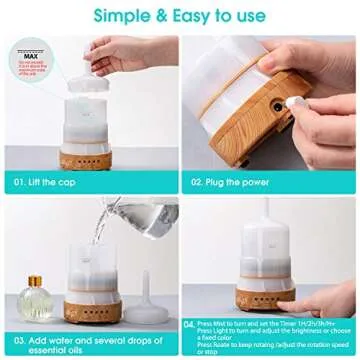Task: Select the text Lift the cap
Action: [x=60, y=183]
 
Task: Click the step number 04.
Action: [x=191, y=325]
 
